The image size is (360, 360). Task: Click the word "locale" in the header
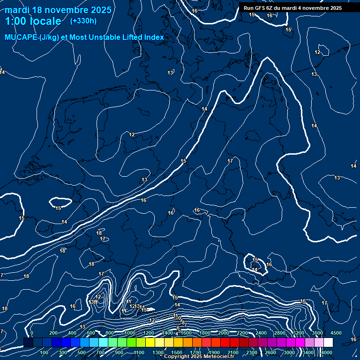44,21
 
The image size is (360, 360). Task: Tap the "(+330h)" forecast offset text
83,21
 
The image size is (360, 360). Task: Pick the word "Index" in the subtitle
154,37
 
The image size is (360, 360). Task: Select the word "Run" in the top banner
248,8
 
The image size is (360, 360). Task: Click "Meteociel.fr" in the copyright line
218,357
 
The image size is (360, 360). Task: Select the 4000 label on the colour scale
327,352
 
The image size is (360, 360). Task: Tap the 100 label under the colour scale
44,352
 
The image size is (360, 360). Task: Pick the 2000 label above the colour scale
224,333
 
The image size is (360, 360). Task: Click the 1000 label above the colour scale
130,333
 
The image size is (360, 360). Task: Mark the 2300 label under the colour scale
251,352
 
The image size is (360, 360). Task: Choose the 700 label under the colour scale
100,352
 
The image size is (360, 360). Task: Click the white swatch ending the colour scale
328,343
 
